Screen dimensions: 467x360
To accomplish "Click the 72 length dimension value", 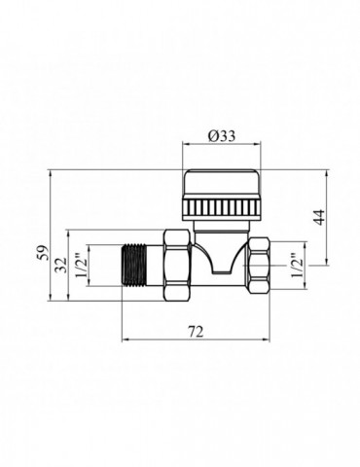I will [x=194, y=331].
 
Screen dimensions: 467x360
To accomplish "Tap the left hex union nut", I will [x=179, y=264].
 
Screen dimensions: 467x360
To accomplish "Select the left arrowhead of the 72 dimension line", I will [x=124, y=341].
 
